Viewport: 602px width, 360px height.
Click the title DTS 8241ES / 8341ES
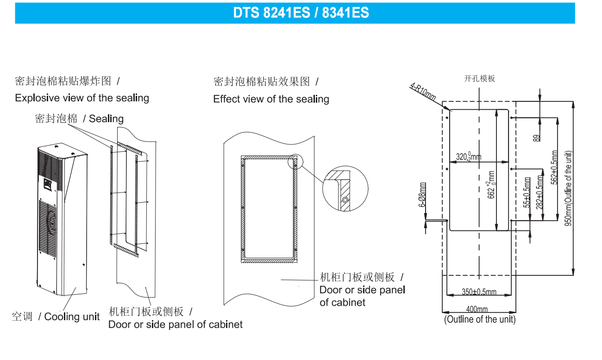point(301,12)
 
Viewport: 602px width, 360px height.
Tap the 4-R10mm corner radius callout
point(423,92)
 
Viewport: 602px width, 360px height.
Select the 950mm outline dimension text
point(569,188)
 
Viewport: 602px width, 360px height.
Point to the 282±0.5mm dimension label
point(540,192)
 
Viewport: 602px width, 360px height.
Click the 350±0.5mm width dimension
point(479,292)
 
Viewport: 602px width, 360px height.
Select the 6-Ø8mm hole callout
point(423,195)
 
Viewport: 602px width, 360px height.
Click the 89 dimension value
point(536,137)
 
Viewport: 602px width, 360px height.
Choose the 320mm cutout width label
point(468,156)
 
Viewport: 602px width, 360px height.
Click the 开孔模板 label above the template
point(479,79)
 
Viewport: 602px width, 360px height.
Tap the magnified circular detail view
point(345,191)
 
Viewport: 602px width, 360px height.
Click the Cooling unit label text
point(72,317)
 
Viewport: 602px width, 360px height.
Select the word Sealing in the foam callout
point(106,119)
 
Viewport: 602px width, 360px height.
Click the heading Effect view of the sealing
point(271,99)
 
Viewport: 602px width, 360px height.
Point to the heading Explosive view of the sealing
point(82,98)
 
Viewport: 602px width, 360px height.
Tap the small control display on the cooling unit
point(48,184)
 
